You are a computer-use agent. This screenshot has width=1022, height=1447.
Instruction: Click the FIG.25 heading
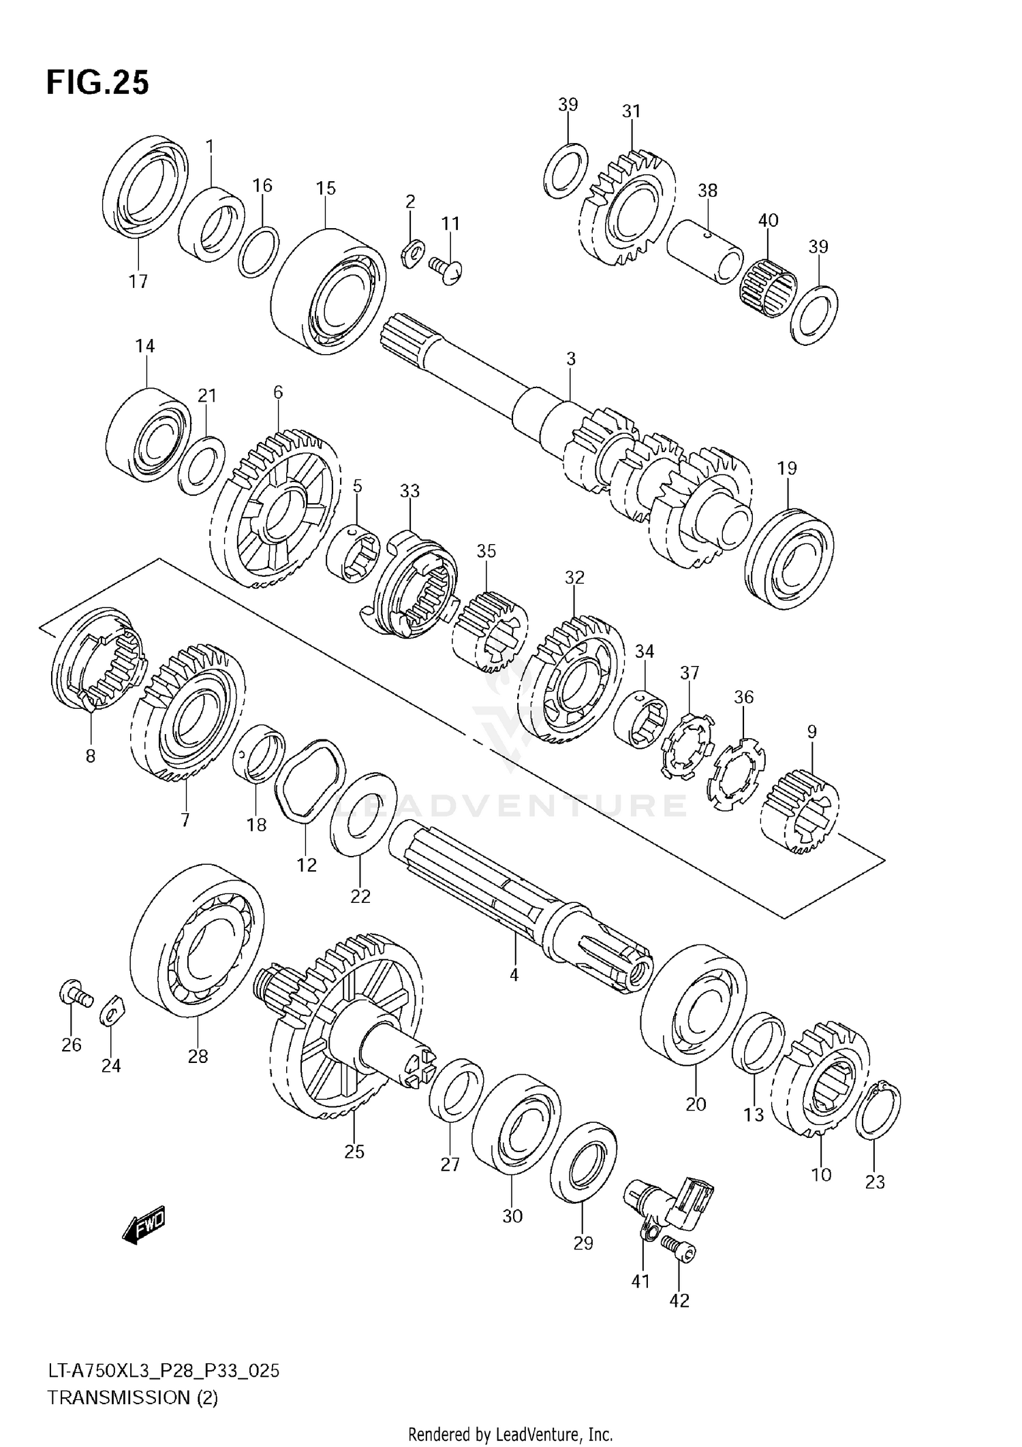97,83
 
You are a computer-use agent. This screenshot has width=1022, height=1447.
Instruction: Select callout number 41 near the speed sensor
640,1281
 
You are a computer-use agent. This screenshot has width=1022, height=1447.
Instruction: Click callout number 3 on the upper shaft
571,358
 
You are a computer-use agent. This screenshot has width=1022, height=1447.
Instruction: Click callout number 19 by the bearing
787,468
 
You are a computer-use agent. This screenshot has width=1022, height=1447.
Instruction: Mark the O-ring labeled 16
258,252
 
